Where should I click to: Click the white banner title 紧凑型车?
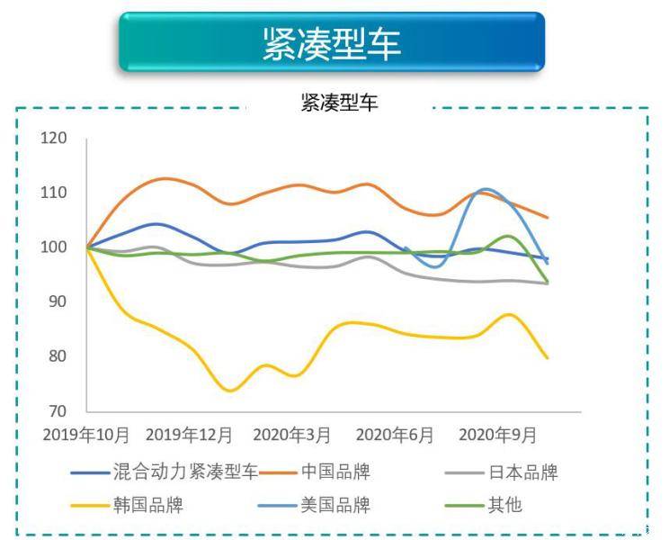pyautogui.click(x=332, y=44)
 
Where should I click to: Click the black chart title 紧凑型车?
pyautogui.click(x=340, y=103)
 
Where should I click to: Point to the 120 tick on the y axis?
pyautogui.click(x=54, y=138)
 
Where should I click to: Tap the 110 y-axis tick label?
pyautogui.click(x=54, y=193)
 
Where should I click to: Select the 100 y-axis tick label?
pyautogui.click(x=54, y=247)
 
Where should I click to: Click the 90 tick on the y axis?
pyautogui.click(x=58, y=301)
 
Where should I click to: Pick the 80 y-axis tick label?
pyautogui.click(x=58, y=356)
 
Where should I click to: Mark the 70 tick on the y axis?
pyautogui.click(x=58, y=411)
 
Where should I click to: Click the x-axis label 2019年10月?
pyautogui.click(x=86, y=435)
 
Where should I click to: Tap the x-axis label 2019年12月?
pyautogui.click(x=189, y=435)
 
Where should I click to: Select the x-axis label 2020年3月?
pyautogui.click(x=292, y=435)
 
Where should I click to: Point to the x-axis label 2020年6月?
pyautogui.click(x=395, y=435)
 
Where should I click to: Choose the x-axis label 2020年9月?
pyautogui.click(x=497, y=435)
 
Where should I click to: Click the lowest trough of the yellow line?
pyautogui.click(x=230, y=391)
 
